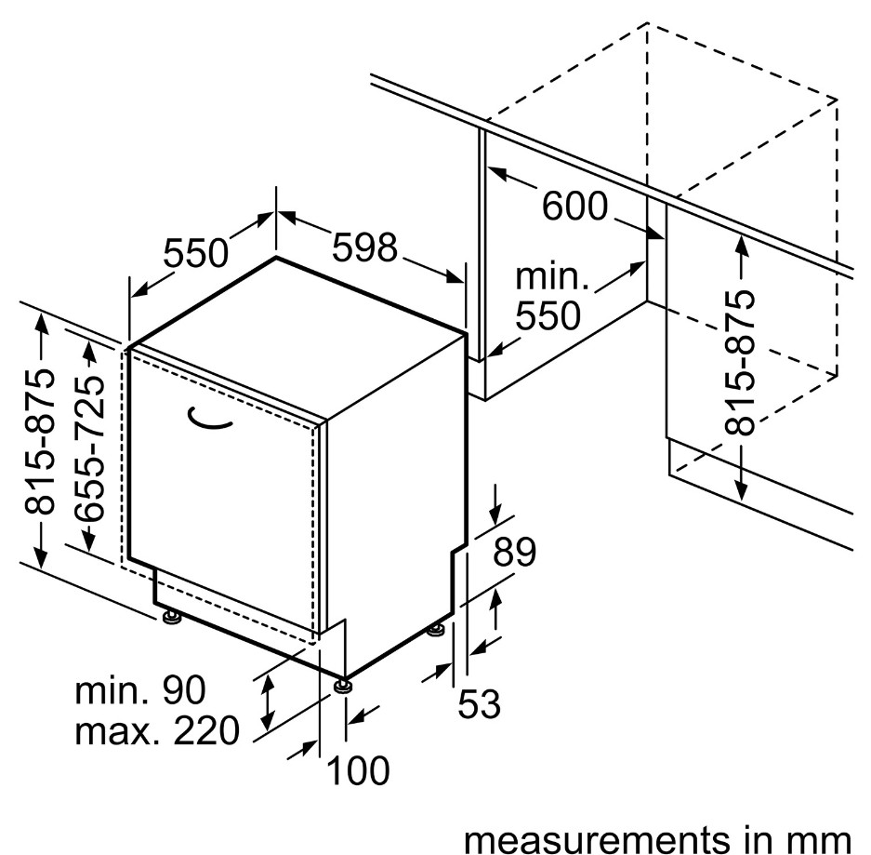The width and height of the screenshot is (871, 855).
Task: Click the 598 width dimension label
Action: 365,247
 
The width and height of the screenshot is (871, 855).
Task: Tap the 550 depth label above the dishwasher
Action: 196,252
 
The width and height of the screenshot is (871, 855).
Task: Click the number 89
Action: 514,553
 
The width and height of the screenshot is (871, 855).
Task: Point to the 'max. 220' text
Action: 157,731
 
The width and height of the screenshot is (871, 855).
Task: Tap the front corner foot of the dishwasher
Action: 344,686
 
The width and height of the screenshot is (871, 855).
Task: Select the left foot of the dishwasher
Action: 170,618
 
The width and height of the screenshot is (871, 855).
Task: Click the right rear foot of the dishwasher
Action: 435,631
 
